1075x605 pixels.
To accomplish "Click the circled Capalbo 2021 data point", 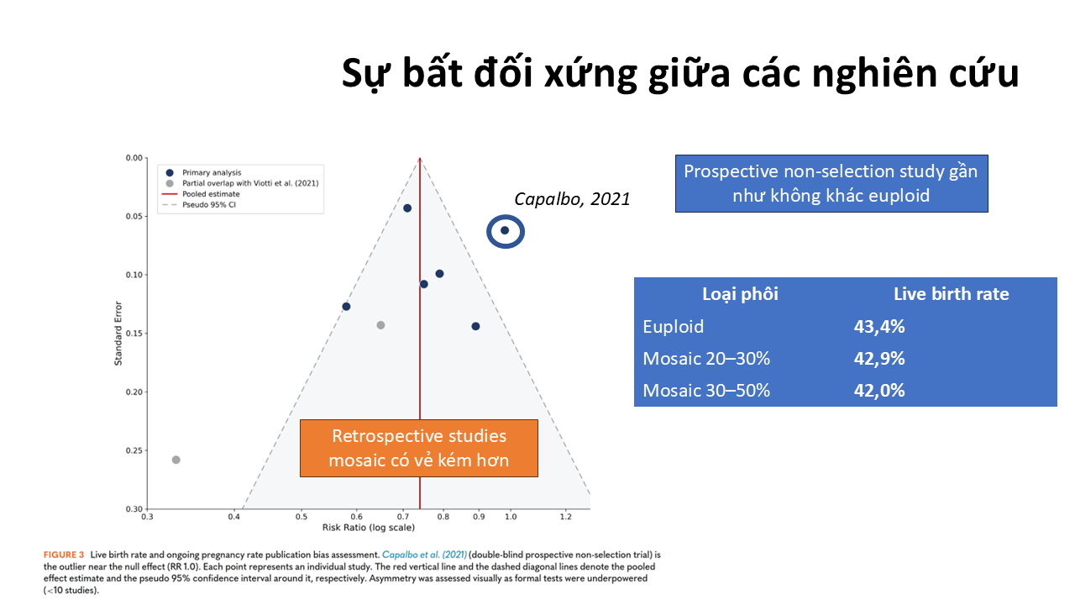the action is tap(505, 230).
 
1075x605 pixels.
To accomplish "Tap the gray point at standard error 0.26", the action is tap(176, 460).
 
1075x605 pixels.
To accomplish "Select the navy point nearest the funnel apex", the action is tap(407, 208).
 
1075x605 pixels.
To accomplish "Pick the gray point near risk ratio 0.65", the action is tap(380, 325).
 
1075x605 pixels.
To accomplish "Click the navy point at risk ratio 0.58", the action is tap(346, 307).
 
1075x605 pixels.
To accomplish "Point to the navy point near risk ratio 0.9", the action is tap(475, 327).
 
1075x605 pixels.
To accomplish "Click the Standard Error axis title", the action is tap(118, 334).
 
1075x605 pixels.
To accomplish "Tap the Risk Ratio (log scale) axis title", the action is tap(368, 528).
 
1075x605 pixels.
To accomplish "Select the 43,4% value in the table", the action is tap(879, 327).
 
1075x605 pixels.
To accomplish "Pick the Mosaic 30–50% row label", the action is tap(706, 391).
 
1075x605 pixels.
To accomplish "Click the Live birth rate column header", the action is tap(952, 294).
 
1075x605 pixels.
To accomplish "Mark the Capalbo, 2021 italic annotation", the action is tap(572, 199).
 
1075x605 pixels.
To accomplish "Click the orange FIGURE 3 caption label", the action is tap(63, 555).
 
